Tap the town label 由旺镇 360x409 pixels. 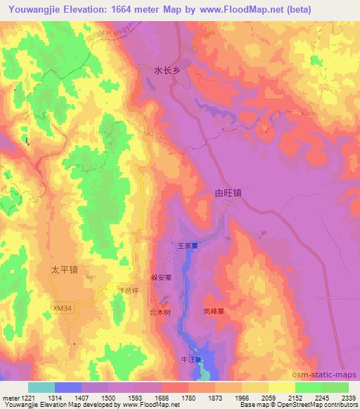[x=227, y=191]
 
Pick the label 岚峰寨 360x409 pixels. [x=214, y=310]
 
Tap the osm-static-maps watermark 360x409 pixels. [x=330, y=375]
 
